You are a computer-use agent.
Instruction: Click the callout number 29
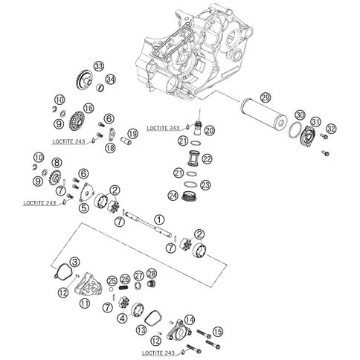point(266,97)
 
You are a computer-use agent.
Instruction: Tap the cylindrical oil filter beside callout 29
point(263,113)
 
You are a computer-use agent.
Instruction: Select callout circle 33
point(98,66)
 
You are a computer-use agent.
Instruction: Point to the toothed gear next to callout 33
point(83,80)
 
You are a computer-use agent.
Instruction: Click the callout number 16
point(89,109)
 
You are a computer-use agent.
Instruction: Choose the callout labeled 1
point(159,219)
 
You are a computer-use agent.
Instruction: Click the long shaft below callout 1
point(148,225)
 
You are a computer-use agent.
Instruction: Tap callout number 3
point(75,262)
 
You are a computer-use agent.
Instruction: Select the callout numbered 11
point(85,303)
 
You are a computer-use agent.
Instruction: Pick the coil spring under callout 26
point(124,288)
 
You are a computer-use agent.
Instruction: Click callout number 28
point(152,274)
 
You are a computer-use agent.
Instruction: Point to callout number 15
point(218,332)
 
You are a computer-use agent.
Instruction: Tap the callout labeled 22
point(208,158)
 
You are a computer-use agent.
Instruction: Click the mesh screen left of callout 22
point(193,157)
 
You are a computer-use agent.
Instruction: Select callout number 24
point(173,196)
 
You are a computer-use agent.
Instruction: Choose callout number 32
point(331,129)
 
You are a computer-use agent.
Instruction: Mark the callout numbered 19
point(133,134)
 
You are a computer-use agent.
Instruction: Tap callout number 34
point(110,80)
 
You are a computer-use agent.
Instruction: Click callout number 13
point(141,330)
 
